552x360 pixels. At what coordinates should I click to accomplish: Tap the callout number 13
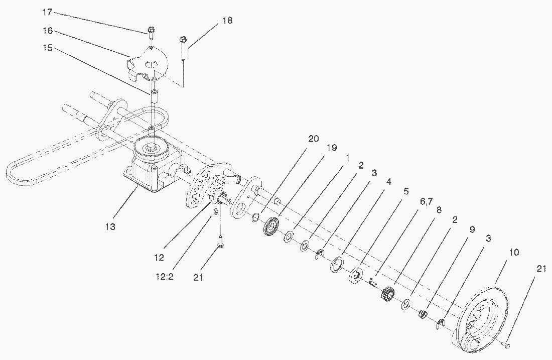pyautogui.click(x=110, y=227)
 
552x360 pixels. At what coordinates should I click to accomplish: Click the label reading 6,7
pyautogui.click(x=426, y=201)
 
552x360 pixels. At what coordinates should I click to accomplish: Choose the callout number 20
pyautogui.click(x=313, y=139)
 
